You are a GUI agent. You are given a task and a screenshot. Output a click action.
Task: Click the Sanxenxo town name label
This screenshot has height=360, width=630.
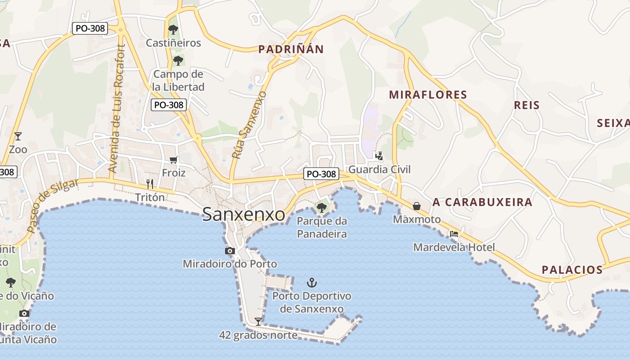(x=243, y=214)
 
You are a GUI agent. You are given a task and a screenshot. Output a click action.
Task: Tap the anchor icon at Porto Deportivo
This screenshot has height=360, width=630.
(x=312, y=283)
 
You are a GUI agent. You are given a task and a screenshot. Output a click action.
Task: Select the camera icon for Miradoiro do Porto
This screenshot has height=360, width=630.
(x=230, y=251)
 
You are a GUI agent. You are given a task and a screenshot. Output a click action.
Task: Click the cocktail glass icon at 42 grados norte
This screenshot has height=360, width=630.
(x=258, y=321)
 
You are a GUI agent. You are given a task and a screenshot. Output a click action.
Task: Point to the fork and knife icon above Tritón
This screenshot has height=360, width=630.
(x=150, y=184)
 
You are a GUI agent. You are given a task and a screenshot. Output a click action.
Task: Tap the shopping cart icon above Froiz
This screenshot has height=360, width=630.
(x=174, y=160)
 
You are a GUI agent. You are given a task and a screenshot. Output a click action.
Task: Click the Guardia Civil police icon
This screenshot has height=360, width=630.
(x=379, y=156)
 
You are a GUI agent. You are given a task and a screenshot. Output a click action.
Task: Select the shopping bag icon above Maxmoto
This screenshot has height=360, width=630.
(x=417, y=206)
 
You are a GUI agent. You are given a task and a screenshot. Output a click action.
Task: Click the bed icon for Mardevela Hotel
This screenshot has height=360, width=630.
(x=454, y=234)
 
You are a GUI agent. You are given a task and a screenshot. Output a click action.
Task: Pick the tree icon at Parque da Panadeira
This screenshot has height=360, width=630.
(x=321, y=207)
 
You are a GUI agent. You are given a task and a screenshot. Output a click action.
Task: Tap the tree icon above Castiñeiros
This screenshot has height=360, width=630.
(x=173, y=30)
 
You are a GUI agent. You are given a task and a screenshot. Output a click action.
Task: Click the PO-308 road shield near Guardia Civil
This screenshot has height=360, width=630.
(x=321, y=174)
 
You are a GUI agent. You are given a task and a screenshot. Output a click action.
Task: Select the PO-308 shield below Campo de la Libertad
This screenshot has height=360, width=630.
(x=168, y=105)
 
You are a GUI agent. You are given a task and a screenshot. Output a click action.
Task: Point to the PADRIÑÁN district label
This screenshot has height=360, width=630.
(x=291, y=49)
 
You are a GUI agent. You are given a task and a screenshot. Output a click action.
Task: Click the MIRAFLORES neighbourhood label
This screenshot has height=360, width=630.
(x=428, y=94)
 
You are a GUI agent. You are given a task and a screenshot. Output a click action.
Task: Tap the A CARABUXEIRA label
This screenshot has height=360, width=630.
(x=482, y=202)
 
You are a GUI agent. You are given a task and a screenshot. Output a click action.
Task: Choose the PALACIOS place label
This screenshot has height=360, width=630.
(x=572, y=270)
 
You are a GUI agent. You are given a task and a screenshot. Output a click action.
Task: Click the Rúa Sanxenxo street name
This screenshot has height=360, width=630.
(x=249, y=125)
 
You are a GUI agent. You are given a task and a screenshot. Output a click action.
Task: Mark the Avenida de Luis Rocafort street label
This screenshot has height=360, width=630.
(x=116, y=109)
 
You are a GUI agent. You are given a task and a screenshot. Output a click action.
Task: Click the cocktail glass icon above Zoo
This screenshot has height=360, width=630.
(x=18, y=136)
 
